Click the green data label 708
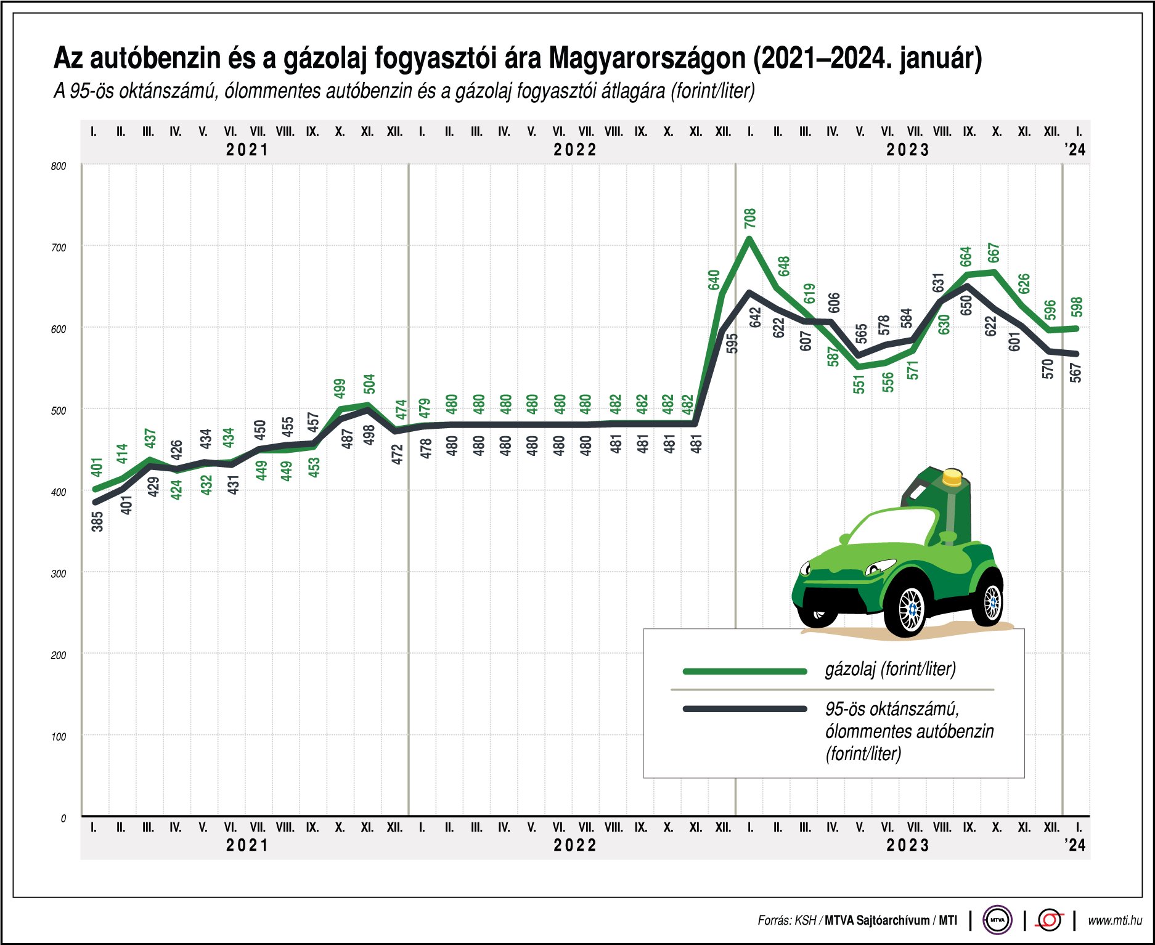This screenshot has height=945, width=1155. click(x=749, y=218)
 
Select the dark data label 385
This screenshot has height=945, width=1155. click(x=97, y=522)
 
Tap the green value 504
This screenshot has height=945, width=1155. click(x=369, y=384)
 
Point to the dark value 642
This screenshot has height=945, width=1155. click(x=756, y=317)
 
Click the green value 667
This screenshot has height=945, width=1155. click(x=993, y=253)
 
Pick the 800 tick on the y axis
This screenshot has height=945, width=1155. click(x=59, y=166)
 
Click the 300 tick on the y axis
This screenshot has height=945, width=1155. click(x=59, y=574)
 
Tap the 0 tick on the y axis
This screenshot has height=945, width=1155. click(x=63, y=818)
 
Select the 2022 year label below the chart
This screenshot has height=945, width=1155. click(x=575, y=845)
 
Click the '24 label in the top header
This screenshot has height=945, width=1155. click(x=1075, y=150)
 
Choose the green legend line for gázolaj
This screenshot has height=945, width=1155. click(x=745, y=671)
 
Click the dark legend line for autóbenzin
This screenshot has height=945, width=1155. click(x=745, y=709)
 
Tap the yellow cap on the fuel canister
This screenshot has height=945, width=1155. click(x=952, y=476)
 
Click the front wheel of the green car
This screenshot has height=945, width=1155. click(x=909, y=609)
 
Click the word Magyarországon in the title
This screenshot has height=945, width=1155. click(x=647, y=59)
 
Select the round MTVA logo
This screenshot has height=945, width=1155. click(x=997, y=920)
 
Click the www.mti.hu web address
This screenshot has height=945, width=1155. click(x=1114, y=920)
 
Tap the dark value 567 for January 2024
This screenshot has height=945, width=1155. click(x=1075, y=373)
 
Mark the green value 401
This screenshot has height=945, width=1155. click(x=97, y=467)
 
